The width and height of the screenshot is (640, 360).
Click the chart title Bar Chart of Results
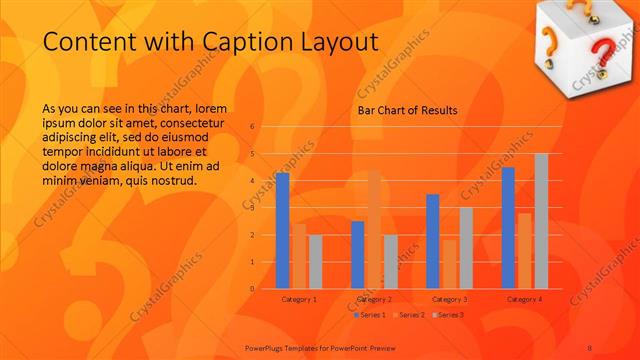click(x=408, y=110)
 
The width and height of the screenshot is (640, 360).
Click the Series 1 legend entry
click(x=372, y=315)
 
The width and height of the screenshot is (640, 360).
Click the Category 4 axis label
click(x=524, y=299)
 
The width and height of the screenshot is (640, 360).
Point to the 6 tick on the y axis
click(x=253, y=127)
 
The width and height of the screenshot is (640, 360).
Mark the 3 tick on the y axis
click(x=253, y=208)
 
